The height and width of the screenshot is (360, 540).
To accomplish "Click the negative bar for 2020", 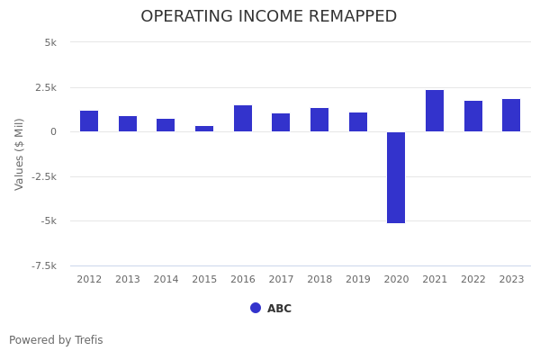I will (396, 177).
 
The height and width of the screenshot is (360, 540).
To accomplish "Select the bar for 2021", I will (435, 111).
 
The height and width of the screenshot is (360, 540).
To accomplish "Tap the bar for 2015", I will (204, 129).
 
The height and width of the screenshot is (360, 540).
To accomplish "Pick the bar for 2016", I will (243, 119).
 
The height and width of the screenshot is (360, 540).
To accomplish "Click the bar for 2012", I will (89, 121).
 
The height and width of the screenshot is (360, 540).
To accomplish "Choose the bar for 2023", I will (511, 115).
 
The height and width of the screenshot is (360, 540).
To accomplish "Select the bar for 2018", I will (319, 120).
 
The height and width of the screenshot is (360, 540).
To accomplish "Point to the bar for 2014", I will (166, 125).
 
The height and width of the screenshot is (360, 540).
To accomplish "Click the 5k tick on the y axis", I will (50, 42).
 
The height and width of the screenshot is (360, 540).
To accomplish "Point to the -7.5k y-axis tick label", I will (44, 265).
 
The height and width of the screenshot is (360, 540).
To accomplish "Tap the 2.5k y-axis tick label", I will (46, 87).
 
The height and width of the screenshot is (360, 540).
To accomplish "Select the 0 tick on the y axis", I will (53, 131).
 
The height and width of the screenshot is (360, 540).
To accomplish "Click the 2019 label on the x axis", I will (358, 280).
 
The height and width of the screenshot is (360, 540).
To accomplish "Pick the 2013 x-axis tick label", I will (128, 280).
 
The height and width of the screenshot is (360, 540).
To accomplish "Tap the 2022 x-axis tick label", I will (473, 280).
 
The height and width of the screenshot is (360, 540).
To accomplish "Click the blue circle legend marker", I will (256, 308).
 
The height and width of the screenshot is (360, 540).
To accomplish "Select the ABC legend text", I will (279, 309).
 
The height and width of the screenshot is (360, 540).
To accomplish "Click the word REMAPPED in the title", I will (348, 17).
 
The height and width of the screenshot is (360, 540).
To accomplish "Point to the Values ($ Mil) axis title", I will (20, 154).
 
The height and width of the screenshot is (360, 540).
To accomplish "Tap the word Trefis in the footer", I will (87, 340).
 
